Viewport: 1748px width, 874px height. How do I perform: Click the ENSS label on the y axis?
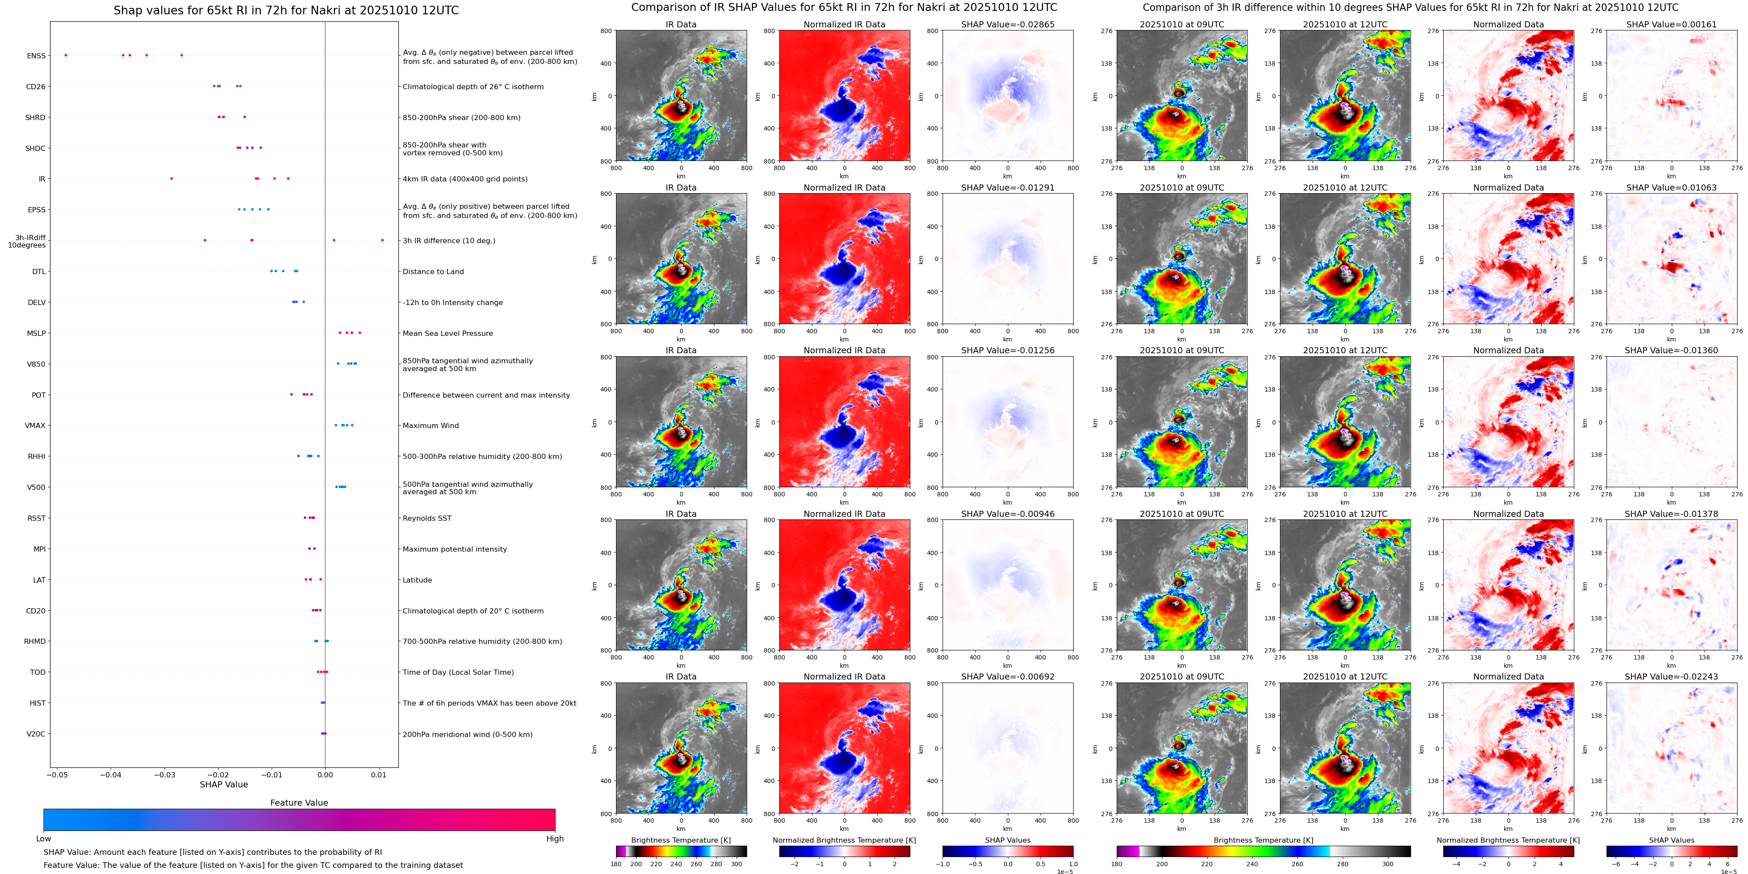[x=37, y=56]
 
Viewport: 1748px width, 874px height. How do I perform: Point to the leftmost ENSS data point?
[x=66, y=55]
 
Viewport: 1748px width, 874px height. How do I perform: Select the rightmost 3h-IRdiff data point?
[x=382, y=240]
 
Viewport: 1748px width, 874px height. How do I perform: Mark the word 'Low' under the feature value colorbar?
[x=44, y=839]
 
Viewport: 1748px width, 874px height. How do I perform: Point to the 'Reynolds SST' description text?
[x=427, y=519]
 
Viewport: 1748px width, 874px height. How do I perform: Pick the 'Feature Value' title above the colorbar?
[x=299, y=803]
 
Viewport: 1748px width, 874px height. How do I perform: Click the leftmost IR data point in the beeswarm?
[x=171, y=178]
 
